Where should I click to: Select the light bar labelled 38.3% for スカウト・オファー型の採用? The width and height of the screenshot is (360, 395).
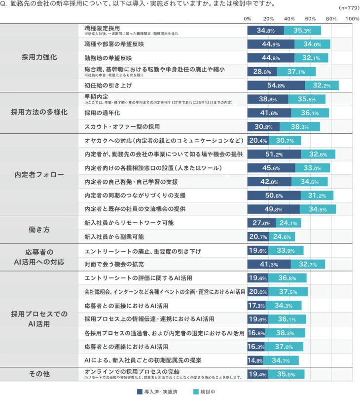299,127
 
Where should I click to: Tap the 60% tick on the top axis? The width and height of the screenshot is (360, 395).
310,18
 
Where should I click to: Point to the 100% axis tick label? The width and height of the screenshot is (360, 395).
352,18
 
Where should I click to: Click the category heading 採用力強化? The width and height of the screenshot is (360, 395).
39,57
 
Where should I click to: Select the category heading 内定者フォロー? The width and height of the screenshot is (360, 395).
39,175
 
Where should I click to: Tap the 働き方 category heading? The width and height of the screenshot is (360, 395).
39,230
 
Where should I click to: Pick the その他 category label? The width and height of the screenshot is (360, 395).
39,374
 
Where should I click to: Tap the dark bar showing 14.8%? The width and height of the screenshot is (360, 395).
255,360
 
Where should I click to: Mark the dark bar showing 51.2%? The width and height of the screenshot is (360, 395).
274,155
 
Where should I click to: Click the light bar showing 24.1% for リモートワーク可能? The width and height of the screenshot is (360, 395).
288,223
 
